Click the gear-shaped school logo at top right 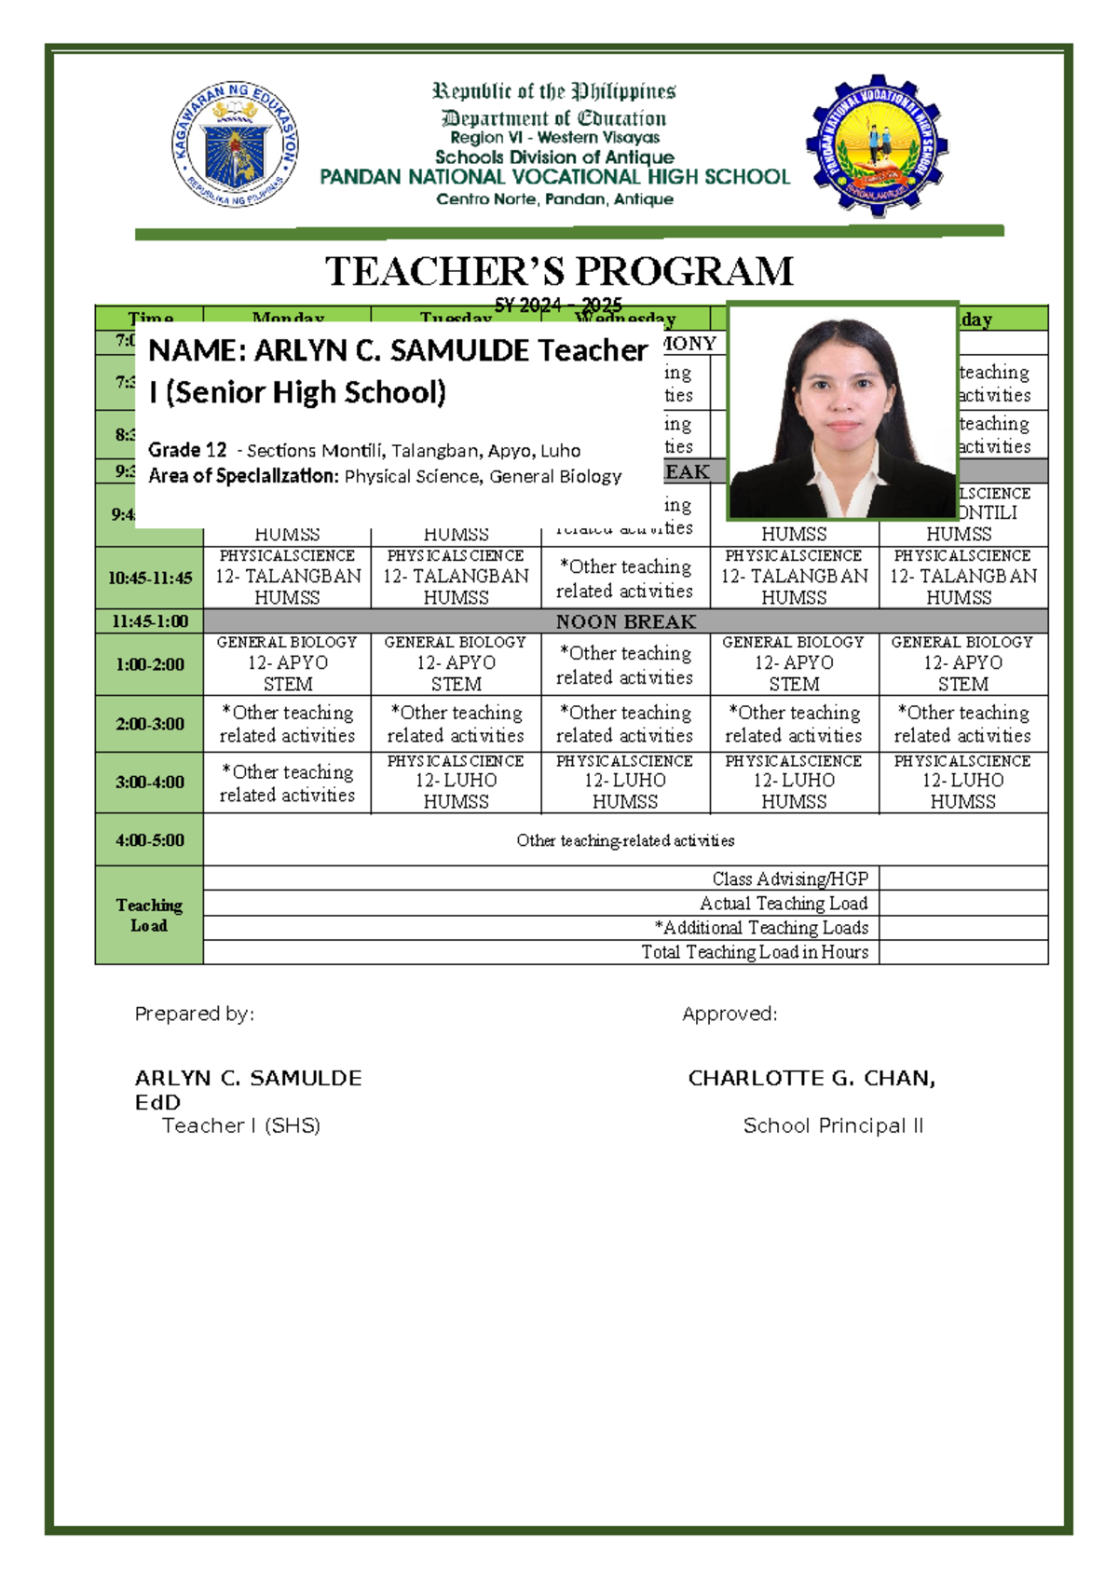(877, 145)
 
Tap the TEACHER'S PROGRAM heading (559, 272)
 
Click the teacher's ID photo (842, 412)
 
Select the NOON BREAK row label (625, 621)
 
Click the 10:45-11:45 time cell (149, 578)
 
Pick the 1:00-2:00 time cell (149, 664)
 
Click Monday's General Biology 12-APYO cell (287, 663)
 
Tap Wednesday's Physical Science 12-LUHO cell (625, 782)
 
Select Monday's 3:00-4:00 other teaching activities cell (287, 783)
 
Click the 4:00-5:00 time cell (149, 839)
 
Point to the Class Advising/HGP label (789, 879)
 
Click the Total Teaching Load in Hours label (754, 952)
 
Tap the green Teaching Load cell (149, 915)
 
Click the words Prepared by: (194, 1014)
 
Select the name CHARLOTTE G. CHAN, (811, 1078)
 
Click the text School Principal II (833, 1125)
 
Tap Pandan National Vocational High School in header (554, 177)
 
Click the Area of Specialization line (384, 476)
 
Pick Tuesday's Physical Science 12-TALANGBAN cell (456, 577)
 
